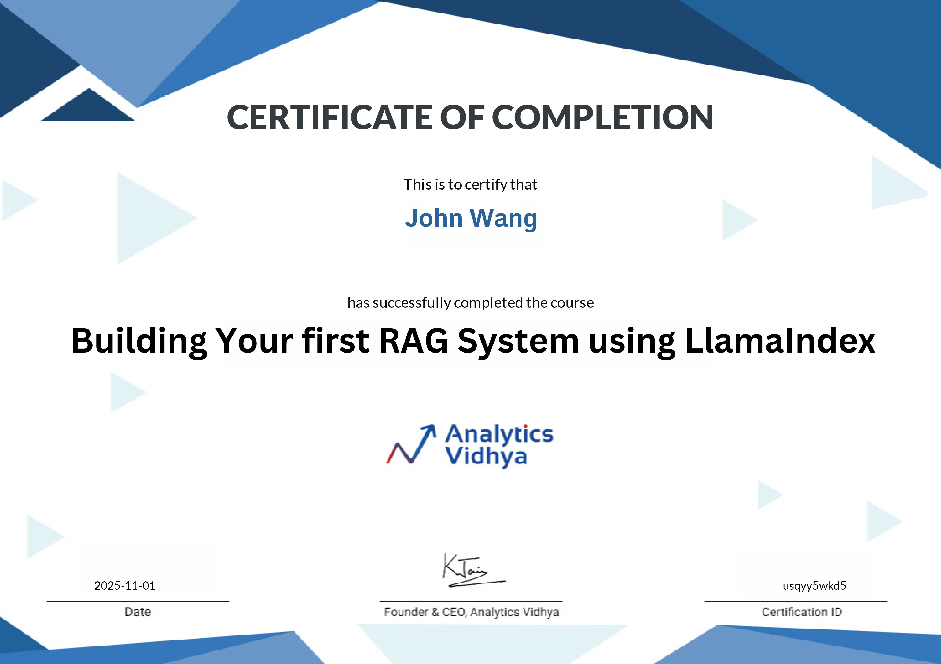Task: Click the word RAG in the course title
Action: [414, 341]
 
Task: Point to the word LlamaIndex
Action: [780, 341]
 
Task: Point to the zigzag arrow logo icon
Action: [411, 444]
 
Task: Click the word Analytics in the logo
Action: [499, 434]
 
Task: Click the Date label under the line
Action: [138, 611]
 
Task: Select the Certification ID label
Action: [802, 611]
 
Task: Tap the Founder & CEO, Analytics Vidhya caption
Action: [471, 611]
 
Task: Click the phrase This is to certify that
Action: [470, 184]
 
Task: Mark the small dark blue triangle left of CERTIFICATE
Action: [88, 107]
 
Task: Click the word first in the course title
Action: [336, 341]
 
